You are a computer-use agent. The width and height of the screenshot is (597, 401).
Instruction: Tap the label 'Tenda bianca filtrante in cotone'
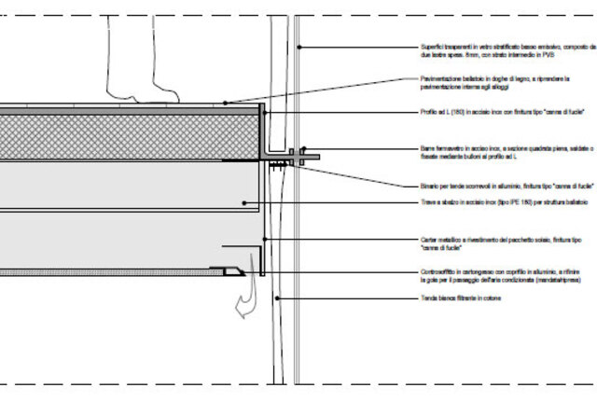(x=463, y=299)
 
